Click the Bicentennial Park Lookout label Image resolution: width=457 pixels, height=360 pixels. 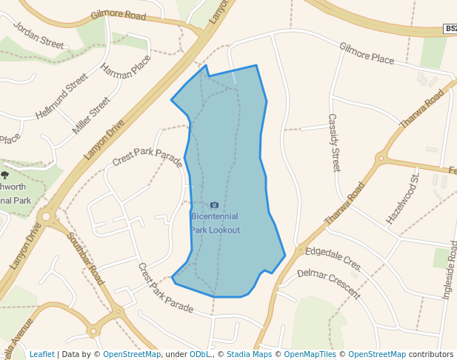click(215, 223)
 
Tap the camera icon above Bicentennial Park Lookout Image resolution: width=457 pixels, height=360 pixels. click(215, 205)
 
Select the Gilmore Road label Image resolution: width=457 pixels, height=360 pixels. click(118, 16)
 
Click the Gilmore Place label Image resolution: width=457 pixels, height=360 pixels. click(367, 53)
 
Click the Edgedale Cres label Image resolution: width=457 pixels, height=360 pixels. click(333, 258)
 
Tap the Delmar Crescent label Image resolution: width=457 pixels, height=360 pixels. click(328, 283)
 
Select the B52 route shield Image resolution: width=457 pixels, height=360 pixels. click(450, 29)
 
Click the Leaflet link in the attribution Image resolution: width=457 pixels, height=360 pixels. click(41, 354)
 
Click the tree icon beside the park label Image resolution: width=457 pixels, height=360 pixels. click(4, 176)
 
